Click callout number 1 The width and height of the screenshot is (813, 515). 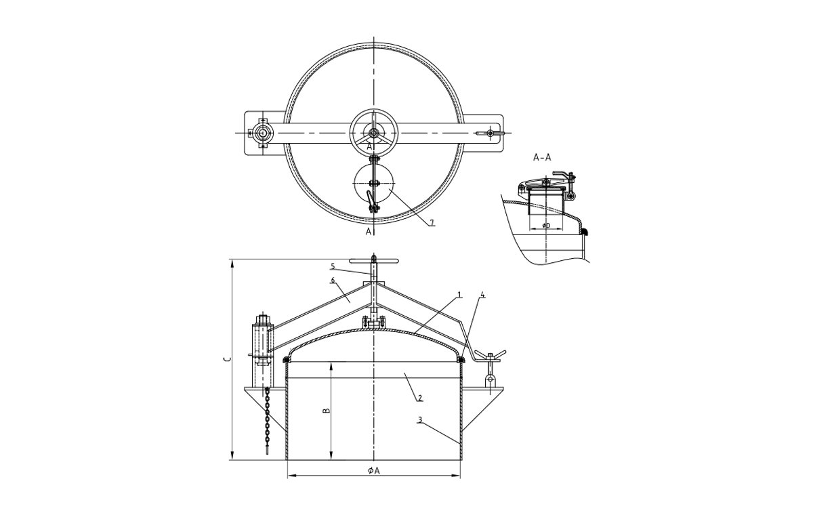pyautogui.click(x=459, y=295)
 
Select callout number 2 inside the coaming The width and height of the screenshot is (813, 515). pyautogui.click(x=420, y=397)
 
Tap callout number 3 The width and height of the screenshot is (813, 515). pyautogui.click(x=420, y=420)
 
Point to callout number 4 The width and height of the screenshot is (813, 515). pyautogui.click(x=482, y=295)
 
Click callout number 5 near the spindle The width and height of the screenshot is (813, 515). pyautogui.click(x=333, y=265)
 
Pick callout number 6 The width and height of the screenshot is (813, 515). pyautogui.click(x=333, y=280)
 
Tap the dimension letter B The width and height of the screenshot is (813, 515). pyautogui.click(x=325, y=411)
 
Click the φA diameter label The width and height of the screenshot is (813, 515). pyautogui.click(x=373, y=470)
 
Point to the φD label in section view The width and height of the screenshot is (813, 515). pyautogui.click(x=546, y=224)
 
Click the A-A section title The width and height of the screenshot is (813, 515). pyautogui.click(x=542, y=157)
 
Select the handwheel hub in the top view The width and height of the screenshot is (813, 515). pyautogui.click(x=373, y=133)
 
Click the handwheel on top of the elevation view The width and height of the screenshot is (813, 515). pyautogui.click(x=373, y=261)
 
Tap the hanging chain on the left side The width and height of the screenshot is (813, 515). pyautogui.click(x=268, y=420)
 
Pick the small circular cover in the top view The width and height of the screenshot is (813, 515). pyautogui.click(x=373, y=184)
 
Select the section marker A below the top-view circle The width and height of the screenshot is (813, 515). pyautogui.click(x=369, y=232)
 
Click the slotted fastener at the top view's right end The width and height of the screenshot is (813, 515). pyautogui.click(x=489, y=133)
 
